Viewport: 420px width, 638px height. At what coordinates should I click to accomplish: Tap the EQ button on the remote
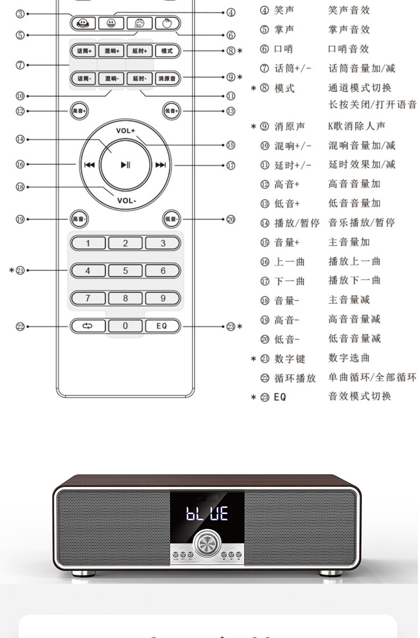[x=162, y=326]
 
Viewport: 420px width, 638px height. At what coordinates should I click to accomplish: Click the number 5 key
[x=125, y=271]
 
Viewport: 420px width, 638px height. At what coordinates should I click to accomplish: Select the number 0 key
[x=125, y=326]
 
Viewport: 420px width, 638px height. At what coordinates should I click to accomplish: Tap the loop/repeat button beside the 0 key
[x=88, y=326]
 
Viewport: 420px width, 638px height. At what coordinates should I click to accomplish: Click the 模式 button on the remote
[x=167, y=51]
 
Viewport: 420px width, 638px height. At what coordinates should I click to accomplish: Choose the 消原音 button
[x=167, y=79]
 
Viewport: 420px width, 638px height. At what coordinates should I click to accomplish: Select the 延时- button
[x=139, y=79]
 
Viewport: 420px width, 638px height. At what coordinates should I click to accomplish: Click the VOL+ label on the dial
[x=126, y=130]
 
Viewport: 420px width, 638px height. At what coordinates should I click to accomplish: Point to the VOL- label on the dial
[x=127, y=200]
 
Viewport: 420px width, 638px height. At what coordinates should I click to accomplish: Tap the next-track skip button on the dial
[x=161, y=165]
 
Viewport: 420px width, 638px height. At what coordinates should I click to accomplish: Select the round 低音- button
[x=172, y=219]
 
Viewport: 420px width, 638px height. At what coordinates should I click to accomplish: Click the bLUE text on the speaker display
[x=207, y=513]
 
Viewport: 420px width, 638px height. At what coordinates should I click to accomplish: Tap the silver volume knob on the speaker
[x=207, y=543]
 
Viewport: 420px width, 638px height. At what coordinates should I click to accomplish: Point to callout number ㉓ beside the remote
[x=231, y=326]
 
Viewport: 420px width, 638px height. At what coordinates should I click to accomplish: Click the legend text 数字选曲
[x=349, y=358]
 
